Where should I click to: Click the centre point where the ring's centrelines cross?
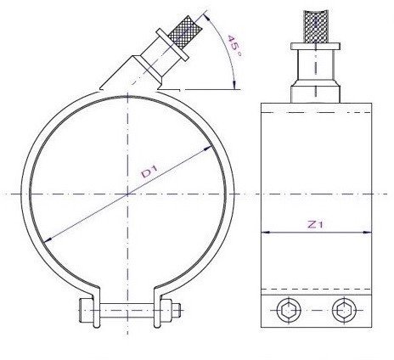click(x=127, y=195)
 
